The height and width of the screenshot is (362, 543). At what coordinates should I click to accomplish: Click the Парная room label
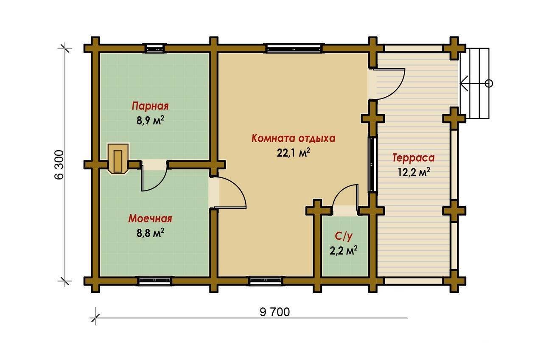pos(150,106)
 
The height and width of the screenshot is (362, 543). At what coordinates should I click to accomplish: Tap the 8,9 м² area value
pos(150,120)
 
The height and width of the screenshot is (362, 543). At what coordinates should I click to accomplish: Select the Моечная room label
pos(150,219)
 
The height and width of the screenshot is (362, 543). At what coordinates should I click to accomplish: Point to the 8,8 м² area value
pos(150,233)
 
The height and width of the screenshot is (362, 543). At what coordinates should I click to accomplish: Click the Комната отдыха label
pos(293,138)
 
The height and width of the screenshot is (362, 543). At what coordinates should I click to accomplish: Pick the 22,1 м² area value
pos(293,152)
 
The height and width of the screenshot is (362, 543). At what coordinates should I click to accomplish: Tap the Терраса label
pos(414,158)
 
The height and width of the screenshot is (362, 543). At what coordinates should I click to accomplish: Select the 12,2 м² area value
pos(414,172)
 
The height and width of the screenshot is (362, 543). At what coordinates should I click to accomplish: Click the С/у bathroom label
pos(343,236)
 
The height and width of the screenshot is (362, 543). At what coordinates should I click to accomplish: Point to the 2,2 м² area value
pos(343,251)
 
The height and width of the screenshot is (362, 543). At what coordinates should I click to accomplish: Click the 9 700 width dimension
pos(274,312)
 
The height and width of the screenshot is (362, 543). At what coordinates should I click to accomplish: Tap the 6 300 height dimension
pos(59,165)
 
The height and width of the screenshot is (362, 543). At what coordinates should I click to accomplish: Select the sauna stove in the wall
pos(118,159)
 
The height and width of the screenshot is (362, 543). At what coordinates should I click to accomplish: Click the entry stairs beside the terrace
pos(475,84)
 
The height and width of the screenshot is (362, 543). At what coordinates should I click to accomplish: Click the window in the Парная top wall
pos(155,48)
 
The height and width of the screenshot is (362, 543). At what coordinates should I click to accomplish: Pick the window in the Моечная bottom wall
pos(155,281)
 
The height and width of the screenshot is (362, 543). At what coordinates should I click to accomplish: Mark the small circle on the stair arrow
pos(489,84)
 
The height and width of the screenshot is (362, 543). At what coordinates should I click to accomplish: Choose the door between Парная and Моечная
pos(154,176)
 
